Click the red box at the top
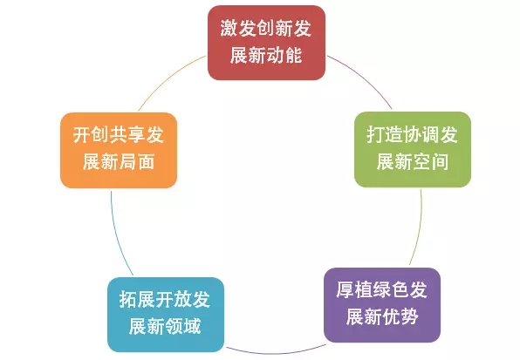[x=266, y=43]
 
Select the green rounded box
[x=413, y=149]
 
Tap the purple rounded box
[x=382, y=305]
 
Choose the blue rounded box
[x=166, y=315]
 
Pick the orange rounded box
[x=119, y=150]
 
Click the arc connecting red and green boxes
[x=364, y=77]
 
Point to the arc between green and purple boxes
[x=420, y=228]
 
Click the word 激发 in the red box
[x=237, y=29]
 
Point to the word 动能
[x=284, y=55]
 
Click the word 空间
[x=431, y=161]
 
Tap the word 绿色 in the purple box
[x=391, y=289]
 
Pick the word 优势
[x=400, y=317]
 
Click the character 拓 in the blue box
[x=128, y=299]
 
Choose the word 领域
[x=184, y=327]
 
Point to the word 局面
[x=137, y=162]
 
